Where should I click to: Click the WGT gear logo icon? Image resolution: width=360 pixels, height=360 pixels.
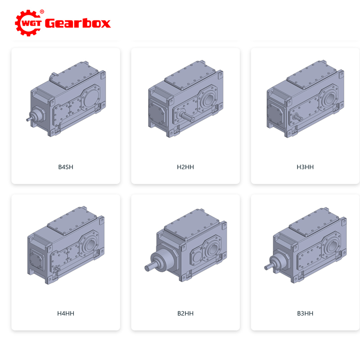[28, 23]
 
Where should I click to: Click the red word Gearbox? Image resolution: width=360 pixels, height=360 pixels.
[78, 23]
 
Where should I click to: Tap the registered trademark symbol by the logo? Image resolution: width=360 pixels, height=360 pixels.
[42, 12]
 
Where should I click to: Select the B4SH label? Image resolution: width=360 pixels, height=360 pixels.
[66, 167]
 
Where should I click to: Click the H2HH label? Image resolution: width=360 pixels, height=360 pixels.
[185, 167]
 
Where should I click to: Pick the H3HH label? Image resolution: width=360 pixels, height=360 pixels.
[305, 167]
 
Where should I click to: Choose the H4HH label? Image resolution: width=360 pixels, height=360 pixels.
[66, 313]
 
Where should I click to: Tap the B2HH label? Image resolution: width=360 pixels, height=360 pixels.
[185, 313]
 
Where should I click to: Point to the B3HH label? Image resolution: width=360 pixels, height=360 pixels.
[305, 313]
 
